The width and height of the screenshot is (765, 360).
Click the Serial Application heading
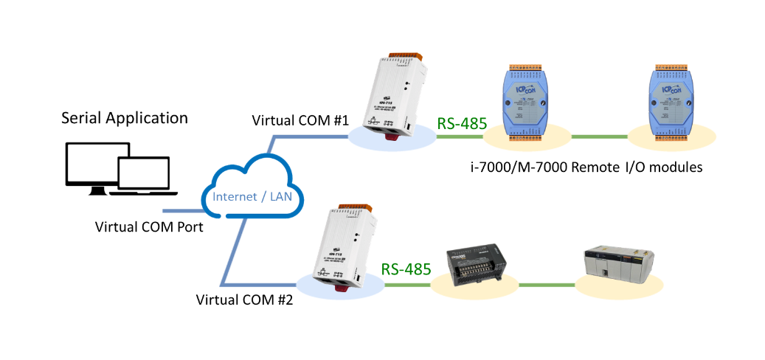click(x=124, y=118)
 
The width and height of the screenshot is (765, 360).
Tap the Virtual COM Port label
click(x=149, y=226)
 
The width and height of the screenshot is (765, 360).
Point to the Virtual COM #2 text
click(x=244, y=300)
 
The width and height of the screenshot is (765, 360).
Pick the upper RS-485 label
click(x=463, y=123)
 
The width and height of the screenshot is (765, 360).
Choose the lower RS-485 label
click(x=406, y=269)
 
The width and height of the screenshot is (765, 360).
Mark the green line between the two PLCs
click(x=545, y=284)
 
